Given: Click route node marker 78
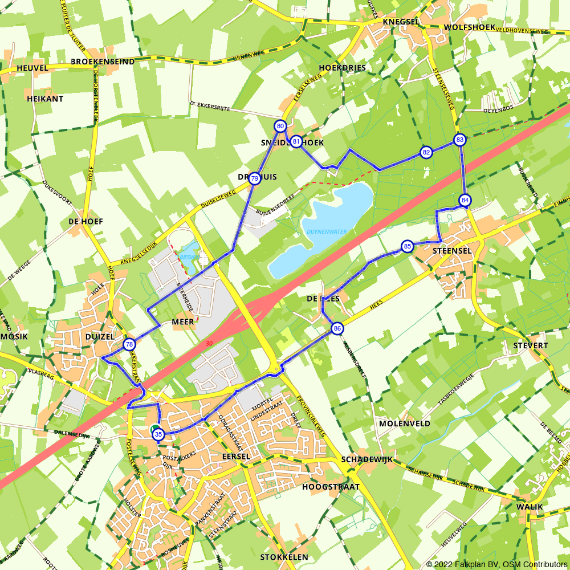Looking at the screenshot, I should point(129,344).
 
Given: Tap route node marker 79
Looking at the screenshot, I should point(254,178).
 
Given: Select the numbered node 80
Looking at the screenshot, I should point(280,126).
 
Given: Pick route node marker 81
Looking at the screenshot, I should point(296,141).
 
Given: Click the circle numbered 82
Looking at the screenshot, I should point(426,152).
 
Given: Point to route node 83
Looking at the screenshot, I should point(460,140).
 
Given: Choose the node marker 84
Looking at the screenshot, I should point(465,200).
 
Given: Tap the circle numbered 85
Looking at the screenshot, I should point(407,246).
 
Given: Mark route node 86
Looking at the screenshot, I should point(337,328).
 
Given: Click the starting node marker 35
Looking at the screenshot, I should point(158,434).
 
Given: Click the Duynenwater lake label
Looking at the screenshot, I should point(327,231).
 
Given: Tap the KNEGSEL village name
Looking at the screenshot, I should point(401,22).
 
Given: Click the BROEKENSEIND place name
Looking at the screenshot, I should point(103,62).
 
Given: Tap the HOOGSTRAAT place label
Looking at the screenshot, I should point(331,487).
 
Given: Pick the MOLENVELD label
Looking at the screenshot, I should point(404,424).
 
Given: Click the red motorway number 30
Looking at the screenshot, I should point(209,343).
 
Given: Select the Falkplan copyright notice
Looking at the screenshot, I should point(496,564).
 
